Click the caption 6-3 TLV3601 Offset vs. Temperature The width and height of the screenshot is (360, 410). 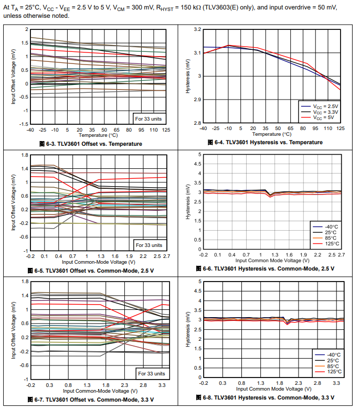tap(91, 144)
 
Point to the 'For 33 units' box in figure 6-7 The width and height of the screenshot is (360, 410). tap(152, 373)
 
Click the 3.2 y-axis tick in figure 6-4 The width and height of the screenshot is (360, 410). tap(197, 30)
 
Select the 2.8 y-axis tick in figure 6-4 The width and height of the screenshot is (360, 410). tap(197, 123)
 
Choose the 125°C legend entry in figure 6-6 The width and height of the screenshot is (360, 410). tap(330, 243)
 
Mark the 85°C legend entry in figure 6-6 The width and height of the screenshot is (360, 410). tap(330, 237)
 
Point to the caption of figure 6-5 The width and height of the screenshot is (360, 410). tap(90, 271)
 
